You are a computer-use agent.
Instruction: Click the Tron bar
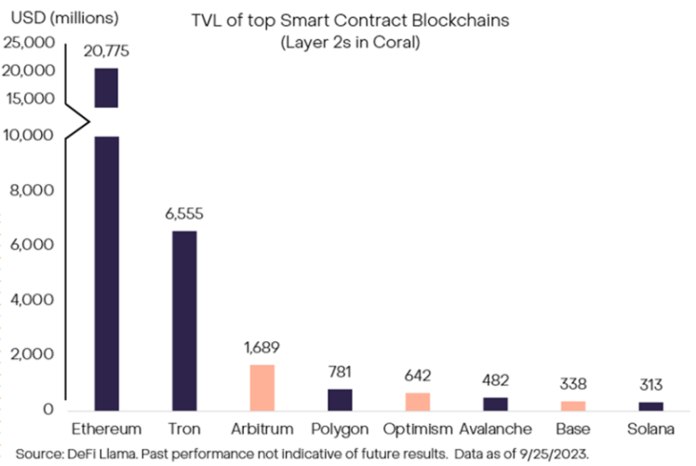point(184,320)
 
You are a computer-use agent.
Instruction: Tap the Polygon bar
point(341,399)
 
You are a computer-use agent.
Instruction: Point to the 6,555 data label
point(184,213)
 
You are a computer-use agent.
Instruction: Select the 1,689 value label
point(263,347)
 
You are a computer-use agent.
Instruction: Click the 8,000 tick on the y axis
point(35,191)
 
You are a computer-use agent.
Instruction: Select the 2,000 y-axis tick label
point(35,355)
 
